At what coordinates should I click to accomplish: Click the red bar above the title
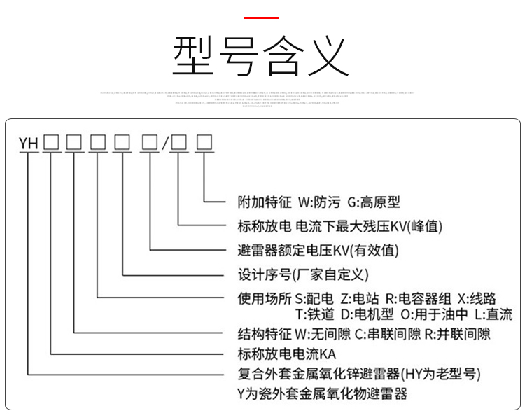[x=262, y=17]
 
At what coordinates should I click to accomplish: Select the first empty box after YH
[x=51, y=142]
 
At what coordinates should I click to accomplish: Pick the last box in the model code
[x=204, y=142]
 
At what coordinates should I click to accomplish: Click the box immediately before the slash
[x=149, y=142]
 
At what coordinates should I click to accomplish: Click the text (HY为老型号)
[x=440, y=372]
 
